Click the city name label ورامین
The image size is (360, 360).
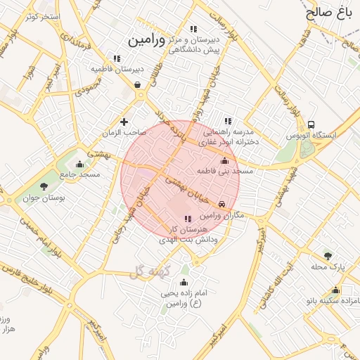146,41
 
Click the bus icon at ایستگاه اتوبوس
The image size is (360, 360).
311,124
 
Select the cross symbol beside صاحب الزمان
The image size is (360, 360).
124,122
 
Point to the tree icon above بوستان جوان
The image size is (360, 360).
44,187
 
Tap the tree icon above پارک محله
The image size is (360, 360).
328,255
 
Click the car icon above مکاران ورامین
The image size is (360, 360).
222,204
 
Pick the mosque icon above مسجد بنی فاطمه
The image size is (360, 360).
225,160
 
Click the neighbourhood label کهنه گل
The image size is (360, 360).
146,271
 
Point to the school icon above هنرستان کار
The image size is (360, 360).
187,219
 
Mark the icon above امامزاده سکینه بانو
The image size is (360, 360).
335,290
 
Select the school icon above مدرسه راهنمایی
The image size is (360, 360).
227,121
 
